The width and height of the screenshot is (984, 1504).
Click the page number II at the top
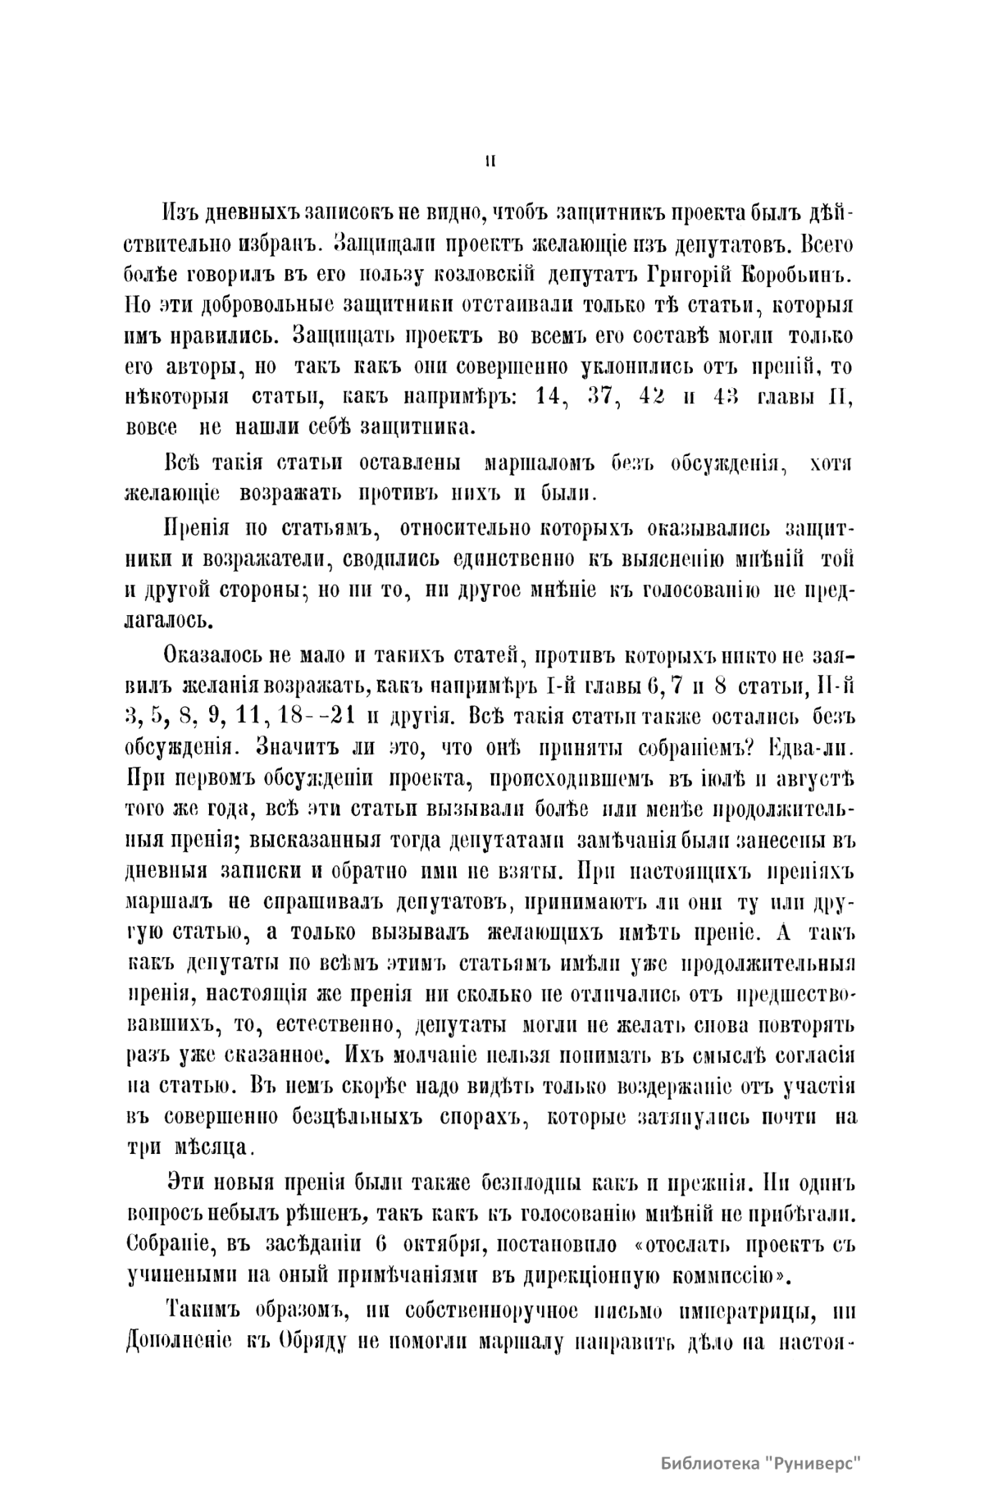(x=490, y=161)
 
